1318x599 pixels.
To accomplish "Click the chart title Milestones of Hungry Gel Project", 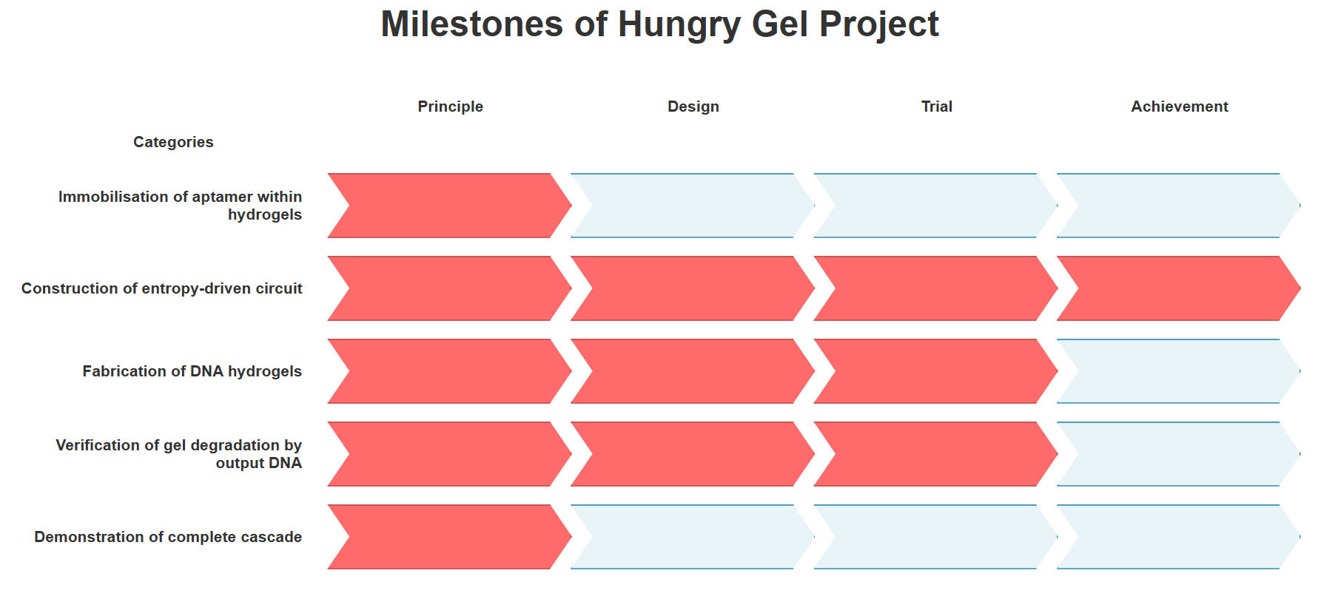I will click(659, 24).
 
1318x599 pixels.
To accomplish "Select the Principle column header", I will click(450, 106).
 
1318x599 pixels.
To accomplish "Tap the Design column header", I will click(693, 106).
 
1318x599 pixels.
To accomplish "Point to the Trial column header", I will click(936, 106).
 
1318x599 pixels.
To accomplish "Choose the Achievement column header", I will click(1179, 106).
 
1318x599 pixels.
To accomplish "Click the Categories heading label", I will click(173, 142).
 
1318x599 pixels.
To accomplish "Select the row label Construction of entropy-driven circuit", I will click(161, 288).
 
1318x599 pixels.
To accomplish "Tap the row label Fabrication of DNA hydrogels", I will click(192, 371).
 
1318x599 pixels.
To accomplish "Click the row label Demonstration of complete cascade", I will click(168, 537).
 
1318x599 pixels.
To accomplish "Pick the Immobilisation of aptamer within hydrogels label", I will click(181, 206).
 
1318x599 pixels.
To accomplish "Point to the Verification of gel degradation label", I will click(179, 454).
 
